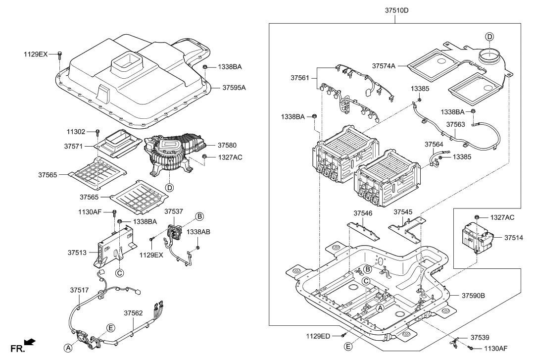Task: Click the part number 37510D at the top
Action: coord(395,10)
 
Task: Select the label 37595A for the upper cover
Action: coord(234,88)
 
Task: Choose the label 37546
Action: coord(363,212)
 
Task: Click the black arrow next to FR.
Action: coord(30,342)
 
